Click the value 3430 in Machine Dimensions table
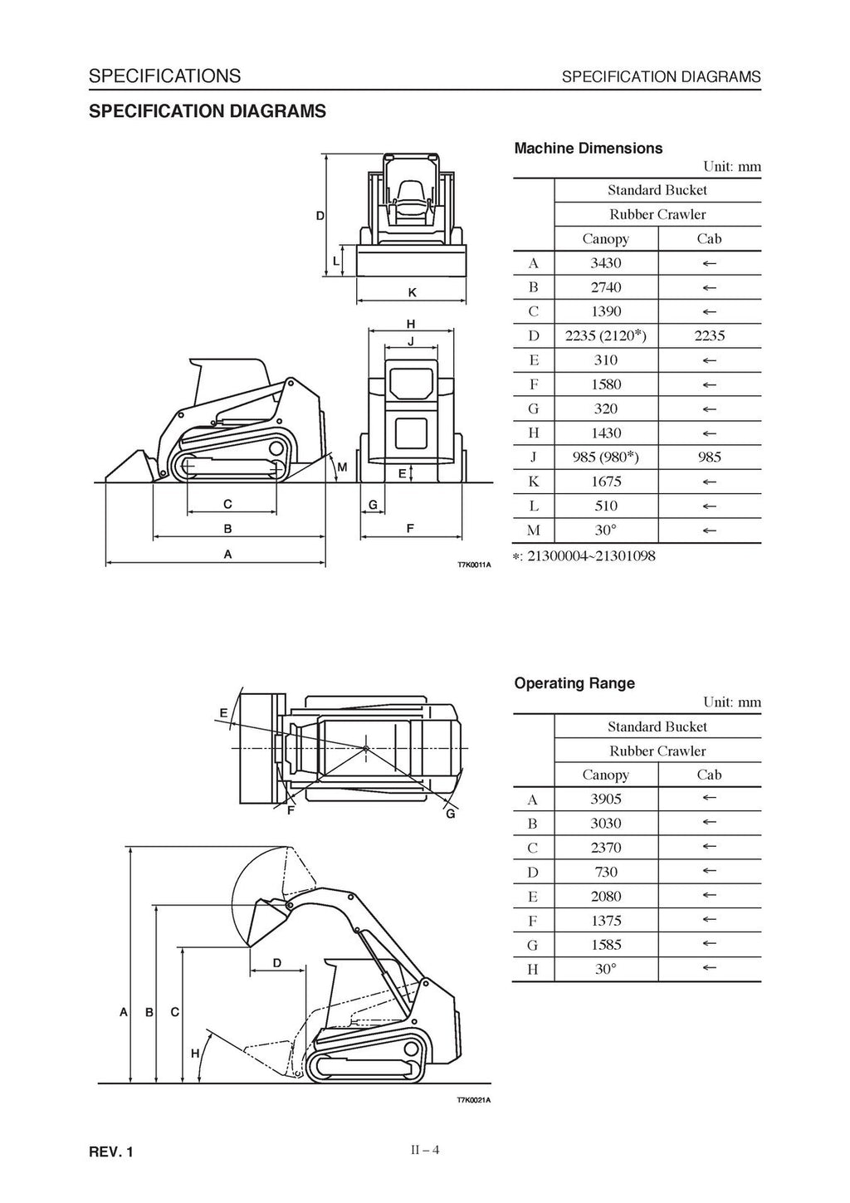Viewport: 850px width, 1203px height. pos(605,263)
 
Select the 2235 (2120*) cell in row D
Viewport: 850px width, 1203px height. pos(605,336)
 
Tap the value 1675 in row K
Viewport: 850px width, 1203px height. pos(605,482)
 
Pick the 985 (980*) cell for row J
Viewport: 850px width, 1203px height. pos(605,457)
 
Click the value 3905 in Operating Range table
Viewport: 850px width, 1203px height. pos(605,800)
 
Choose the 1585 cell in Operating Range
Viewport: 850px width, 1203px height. pos(605,945)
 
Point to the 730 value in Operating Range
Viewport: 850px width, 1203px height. pos(605,872)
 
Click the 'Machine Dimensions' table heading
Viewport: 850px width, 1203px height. pos(588,149)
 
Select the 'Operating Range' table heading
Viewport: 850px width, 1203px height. pos(574,684)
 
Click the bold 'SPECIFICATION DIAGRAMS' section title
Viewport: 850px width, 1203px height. pos(207,111)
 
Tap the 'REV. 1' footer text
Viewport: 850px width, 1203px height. pos(110,1152)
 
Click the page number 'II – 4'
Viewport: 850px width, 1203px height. pos(424,1151)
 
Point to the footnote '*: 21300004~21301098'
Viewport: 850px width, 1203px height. pos(584,556)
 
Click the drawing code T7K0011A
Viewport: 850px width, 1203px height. pos(474,565)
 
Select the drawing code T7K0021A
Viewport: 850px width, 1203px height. pos(474,1101)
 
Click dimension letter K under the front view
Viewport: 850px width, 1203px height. pos(412,293)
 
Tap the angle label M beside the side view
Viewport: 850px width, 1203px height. pos(341,468)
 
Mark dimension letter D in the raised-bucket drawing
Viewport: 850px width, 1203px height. pos(277,963)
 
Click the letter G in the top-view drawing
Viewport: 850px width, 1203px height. pos(451,814)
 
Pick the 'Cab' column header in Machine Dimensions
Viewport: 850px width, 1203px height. pos(709,239)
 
